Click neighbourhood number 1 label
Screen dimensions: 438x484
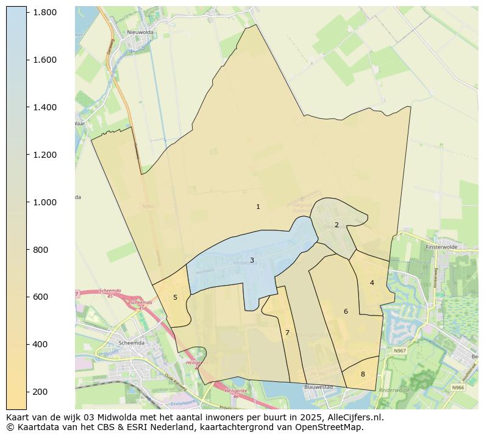coord(258,207)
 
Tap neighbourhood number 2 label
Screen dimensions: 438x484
coord(336,225)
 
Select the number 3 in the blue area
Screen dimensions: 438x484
coord(252,261)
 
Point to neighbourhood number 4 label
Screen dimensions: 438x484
coord(372,283)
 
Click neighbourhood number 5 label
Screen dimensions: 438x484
coord(175,297)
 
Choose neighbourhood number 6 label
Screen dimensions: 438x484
coord(346,311)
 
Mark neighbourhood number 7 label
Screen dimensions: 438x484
coord(287,333)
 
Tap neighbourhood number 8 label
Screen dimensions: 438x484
coord(363,374)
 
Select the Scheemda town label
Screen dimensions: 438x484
coord(133,342)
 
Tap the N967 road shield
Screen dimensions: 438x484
coord(400,351)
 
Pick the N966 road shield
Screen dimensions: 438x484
coord(457,387)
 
